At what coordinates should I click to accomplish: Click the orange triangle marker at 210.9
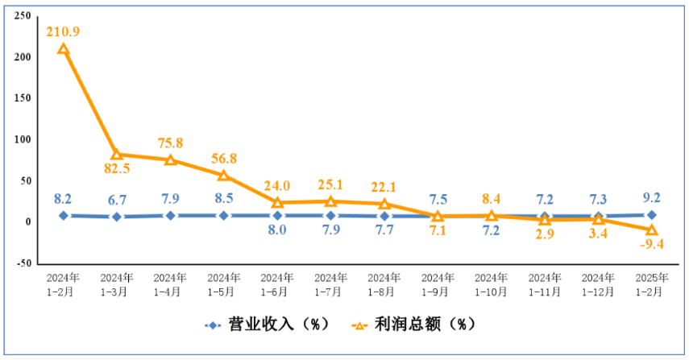coord(64,48)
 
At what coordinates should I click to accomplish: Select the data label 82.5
coord(117,168)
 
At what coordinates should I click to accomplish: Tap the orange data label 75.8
coord(171,143)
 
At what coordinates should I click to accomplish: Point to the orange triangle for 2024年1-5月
coord(224,176)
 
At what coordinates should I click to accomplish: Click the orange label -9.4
coord(652,244)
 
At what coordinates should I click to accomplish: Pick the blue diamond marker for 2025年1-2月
coord(652,215)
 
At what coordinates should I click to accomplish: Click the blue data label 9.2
coord(652,197)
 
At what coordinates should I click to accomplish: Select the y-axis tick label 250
coord(23,16)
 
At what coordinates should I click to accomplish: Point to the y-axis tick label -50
coord(23,263)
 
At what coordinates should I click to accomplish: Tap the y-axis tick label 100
coord(23,139)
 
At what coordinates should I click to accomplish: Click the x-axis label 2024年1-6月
coord(277,284)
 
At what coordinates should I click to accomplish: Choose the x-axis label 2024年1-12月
coord(598,284)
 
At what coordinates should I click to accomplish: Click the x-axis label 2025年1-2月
coord(652,284)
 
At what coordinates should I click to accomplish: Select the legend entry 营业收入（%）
coord(267,325)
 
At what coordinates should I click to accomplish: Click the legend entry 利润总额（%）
coord(413,325)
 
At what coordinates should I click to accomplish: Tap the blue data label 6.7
coord(117,201)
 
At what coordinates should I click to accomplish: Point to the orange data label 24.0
coord(277,186)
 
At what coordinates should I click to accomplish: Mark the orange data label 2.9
coord(545,234)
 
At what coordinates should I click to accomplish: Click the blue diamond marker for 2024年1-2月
coord(64,216)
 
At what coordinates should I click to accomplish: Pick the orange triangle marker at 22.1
coord(384,204)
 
